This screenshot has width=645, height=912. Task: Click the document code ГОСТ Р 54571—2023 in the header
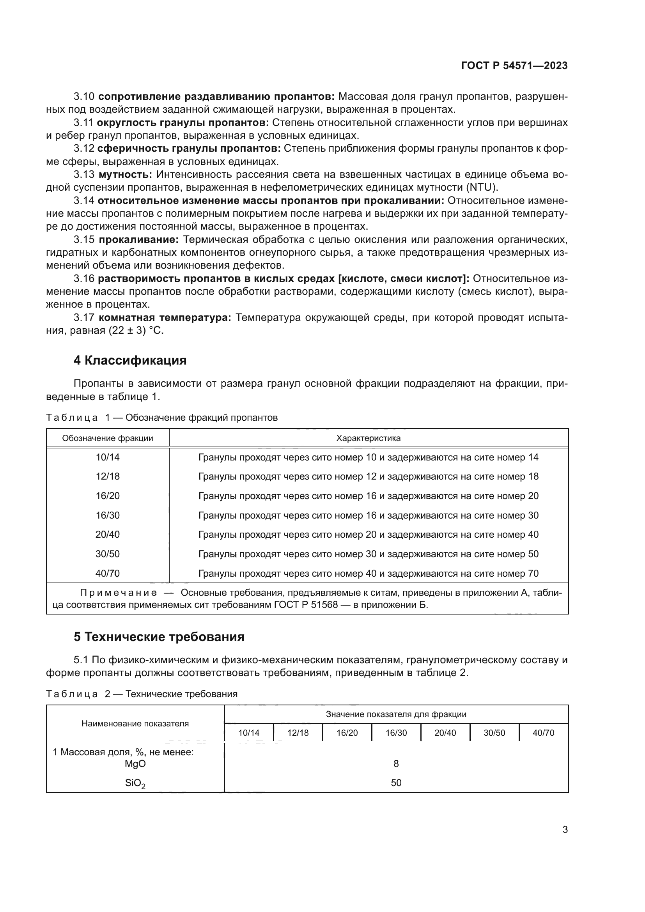pyautogui.click(x=514, y=66)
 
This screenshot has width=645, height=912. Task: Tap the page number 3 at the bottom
pyautogui.click(x=565, y=829)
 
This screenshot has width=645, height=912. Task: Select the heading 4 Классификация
pyautogui.click(x=130, y=360)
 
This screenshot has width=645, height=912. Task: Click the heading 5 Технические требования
pyautogui.click(x=159, y=637)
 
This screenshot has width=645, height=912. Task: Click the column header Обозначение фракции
pyautogui.click(x=108, y=438)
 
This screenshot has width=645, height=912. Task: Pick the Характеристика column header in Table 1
pyautogui.click(x=368, y=438)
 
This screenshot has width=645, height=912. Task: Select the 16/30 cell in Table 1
pyautogui.click(x=108, y=515)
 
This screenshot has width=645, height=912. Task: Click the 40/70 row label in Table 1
pyautogui.click(x=108, y=573)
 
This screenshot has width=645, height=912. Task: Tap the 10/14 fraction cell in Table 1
pyautogui.click(x=108, y=457)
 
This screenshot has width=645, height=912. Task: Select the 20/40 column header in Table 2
pyautogui.click(x=445, y=733)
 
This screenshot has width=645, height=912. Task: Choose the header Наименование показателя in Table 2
pyautogui.click(x=135, y=723)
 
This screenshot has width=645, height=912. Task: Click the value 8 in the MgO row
pyautogui.click(x=396, y=763)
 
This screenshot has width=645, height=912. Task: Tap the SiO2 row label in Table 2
pyautogui.click(x=135, y=783)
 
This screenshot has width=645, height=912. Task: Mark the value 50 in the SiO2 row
pyautogui.click(x=396, y=783)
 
